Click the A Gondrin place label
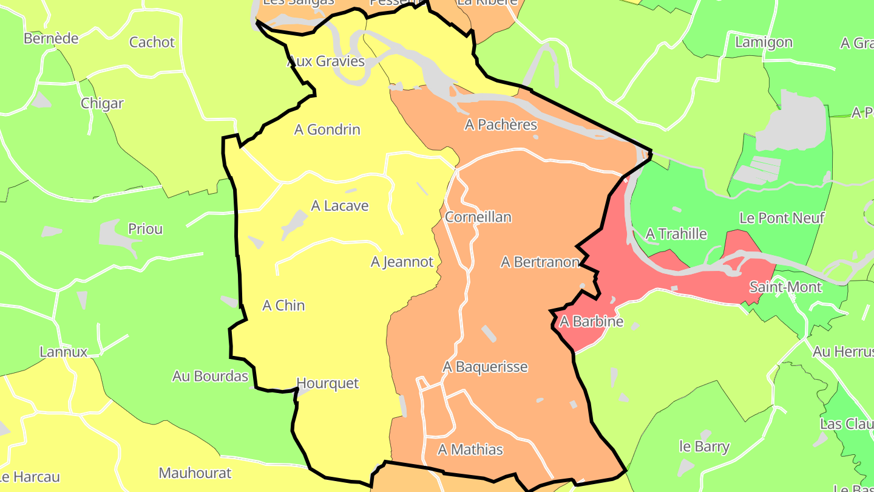tap(327, 129)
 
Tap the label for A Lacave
tap(340, 206)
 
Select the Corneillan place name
tap(478, 217)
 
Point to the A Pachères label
tap(501, 125)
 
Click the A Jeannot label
tap(402, 262)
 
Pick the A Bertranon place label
tap(540, 262)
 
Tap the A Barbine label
tap(591, 321)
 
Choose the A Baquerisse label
tap(485, 367)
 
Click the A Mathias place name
tap(470, 449)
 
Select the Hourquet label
tap(327, 383)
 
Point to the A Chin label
tap(283, 306)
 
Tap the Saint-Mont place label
tap(785, 287)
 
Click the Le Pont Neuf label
tap(782, 218)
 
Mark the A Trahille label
tap(676, 234)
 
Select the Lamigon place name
tap(764, 42)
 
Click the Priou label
tap(145, 229)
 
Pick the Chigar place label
tap(102, 103)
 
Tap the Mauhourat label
tap(195, 473)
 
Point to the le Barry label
tap(704, 446)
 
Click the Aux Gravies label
tap(326, 61)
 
